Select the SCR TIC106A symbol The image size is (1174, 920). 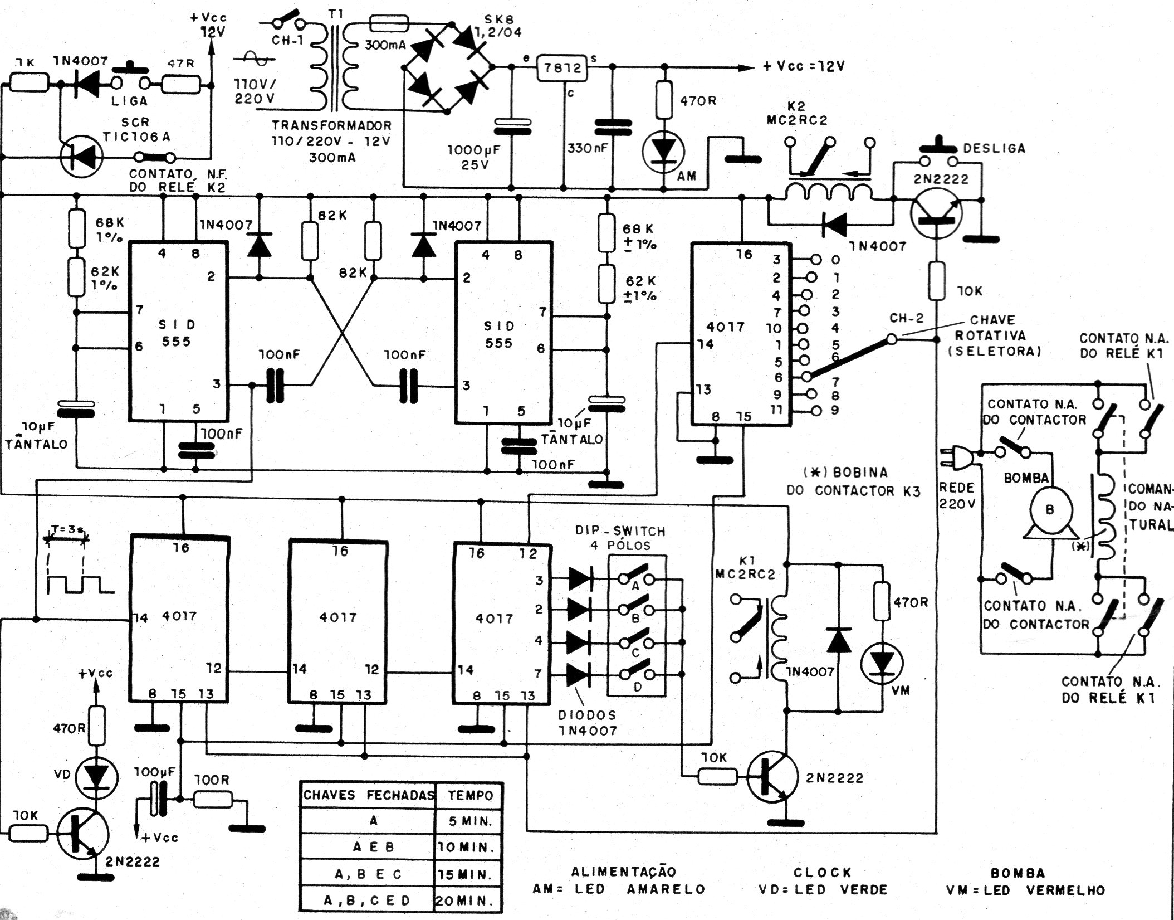coord(81,157)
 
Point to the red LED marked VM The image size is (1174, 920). coord(882,664)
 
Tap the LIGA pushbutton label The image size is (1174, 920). coord(129,101)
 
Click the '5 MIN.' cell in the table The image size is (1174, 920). coord(470,821)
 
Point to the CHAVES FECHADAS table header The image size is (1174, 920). coord(369,795)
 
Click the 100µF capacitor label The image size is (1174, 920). coord(154,772)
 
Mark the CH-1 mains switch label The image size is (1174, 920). coord(287,41)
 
